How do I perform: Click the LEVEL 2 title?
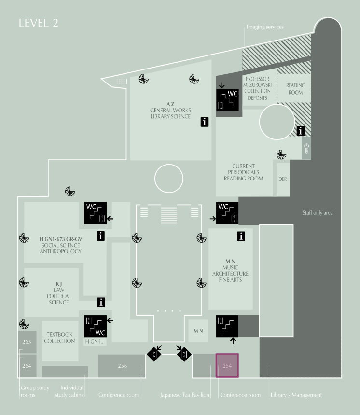[39, 23]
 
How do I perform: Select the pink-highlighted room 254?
[227, 365]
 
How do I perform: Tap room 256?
[122, 366]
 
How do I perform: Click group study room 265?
[27, 342]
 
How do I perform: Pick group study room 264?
[27, 366]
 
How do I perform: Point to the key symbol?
[306, 149]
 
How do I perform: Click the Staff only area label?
[318, 213]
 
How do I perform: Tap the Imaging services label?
[265, 27]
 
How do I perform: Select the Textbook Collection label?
[59, 338]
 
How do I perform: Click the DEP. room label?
[282, 179]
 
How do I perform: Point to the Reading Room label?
[295, 89]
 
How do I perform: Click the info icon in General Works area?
[204, 122]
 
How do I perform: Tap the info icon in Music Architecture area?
[241, 236]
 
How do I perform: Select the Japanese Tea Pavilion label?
[185, 395]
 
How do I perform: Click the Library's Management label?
[296, 395]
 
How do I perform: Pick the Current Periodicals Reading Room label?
[244, 172]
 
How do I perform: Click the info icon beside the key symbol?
[301, 131]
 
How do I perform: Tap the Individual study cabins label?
[69, 391]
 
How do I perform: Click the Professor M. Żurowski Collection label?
[258, 88]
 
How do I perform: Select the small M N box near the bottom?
[198, 331]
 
